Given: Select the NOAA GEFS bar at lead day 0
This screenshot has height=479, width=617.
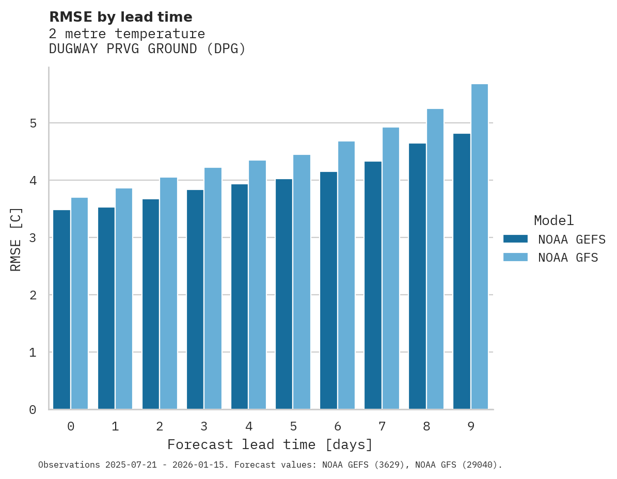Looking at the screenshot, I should tap(61, 310).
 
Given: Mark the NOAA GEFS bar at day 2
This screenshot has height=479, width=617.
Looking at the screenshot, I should tap(151, 304).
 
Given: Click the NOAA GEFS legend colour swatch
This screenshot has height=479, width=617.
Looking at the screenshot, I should tap(515, 239).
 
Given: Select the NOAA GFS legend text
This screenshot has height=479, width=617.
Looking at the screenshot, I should tap(567, 258).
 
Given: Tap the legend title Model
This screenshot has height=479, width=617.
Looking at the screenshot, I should tap(553, 220).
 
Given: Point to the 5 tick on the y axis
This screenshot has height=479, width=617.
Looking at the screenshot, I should tap(33, 123).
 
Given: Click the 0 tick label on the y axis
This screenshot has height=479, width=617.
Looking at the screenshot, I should tap(33, 410).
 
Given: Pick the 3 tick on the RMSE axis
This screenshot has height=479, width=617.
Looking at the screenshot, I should tap(33, 238).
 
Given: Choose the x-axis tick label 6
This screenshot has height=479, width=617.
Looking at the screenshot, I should tap(338, 426).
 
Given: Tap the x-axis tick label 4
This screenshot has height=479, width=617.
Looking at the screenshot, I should tap(249, 426).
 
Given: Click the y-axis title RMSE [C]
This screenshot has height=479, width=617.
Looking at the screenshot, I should tap(16, 239).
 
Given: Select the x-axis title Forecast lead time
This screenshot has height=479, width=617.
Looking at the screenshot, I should tap(270, 444).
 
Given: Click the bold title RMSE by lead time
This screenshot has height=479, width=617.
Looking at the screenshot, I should tap(120, 17).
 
